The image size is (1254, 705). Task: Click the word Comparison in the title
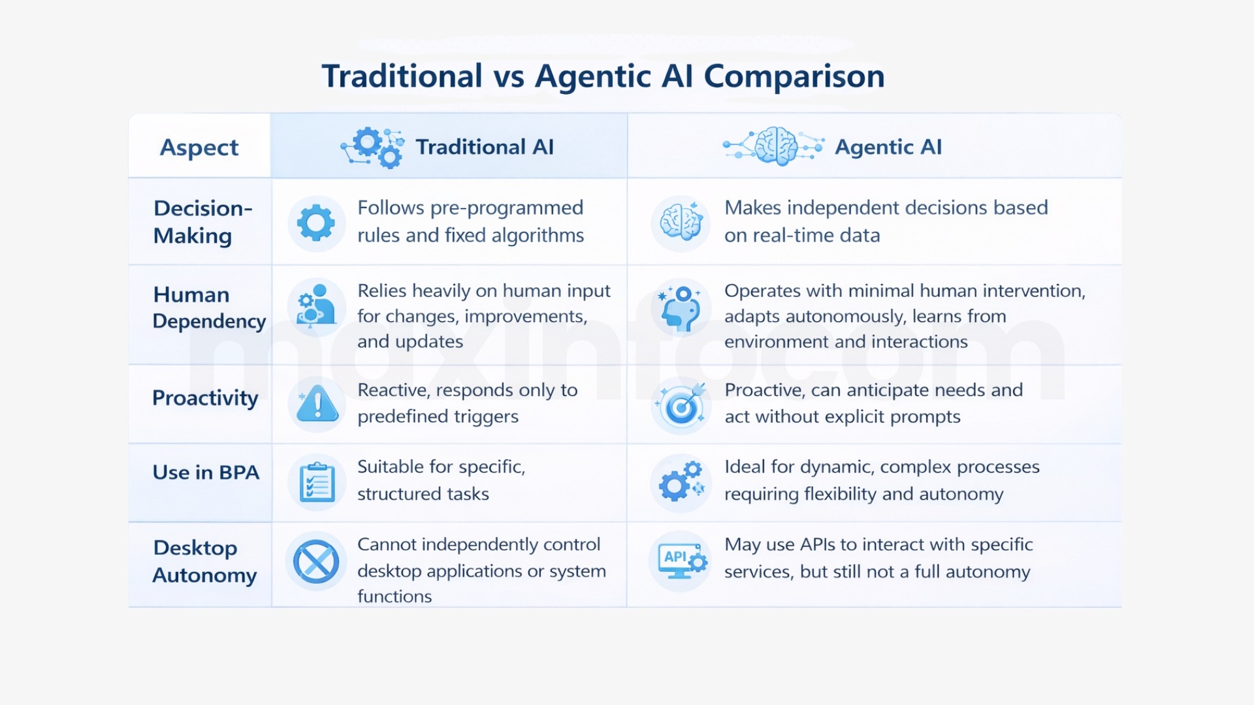tap(794, 76)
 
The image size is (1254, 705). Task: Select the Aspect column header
tap(199, 148)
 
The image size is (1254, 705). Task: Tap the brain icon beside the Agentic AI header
tap(775, 146)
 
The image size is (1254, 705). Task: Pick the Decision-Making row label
tap(202, 222)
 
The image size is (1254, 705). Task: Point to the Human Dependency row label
tap(209, 307)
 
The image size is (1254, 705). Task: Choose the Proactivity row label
tap(205, 398)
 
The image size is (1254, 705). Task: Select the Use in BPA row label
tap(206, 473)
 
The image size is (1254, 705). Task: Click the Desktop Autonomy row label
tap(204, 561)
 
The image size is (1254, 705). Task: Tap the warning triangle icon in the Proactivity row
tap(317, 404)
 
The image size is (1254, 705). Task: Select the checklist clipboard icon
tap(317, 483)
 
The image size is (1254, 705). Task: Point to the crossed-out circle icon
tap(316, 561)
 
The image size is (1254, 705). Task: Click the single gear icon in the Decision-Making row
tap(316, 223)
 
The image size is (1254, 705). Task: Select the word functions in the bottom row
tap(394, 597)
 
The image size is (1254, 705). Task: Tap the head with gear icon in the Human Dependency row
tap(680, 307)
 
